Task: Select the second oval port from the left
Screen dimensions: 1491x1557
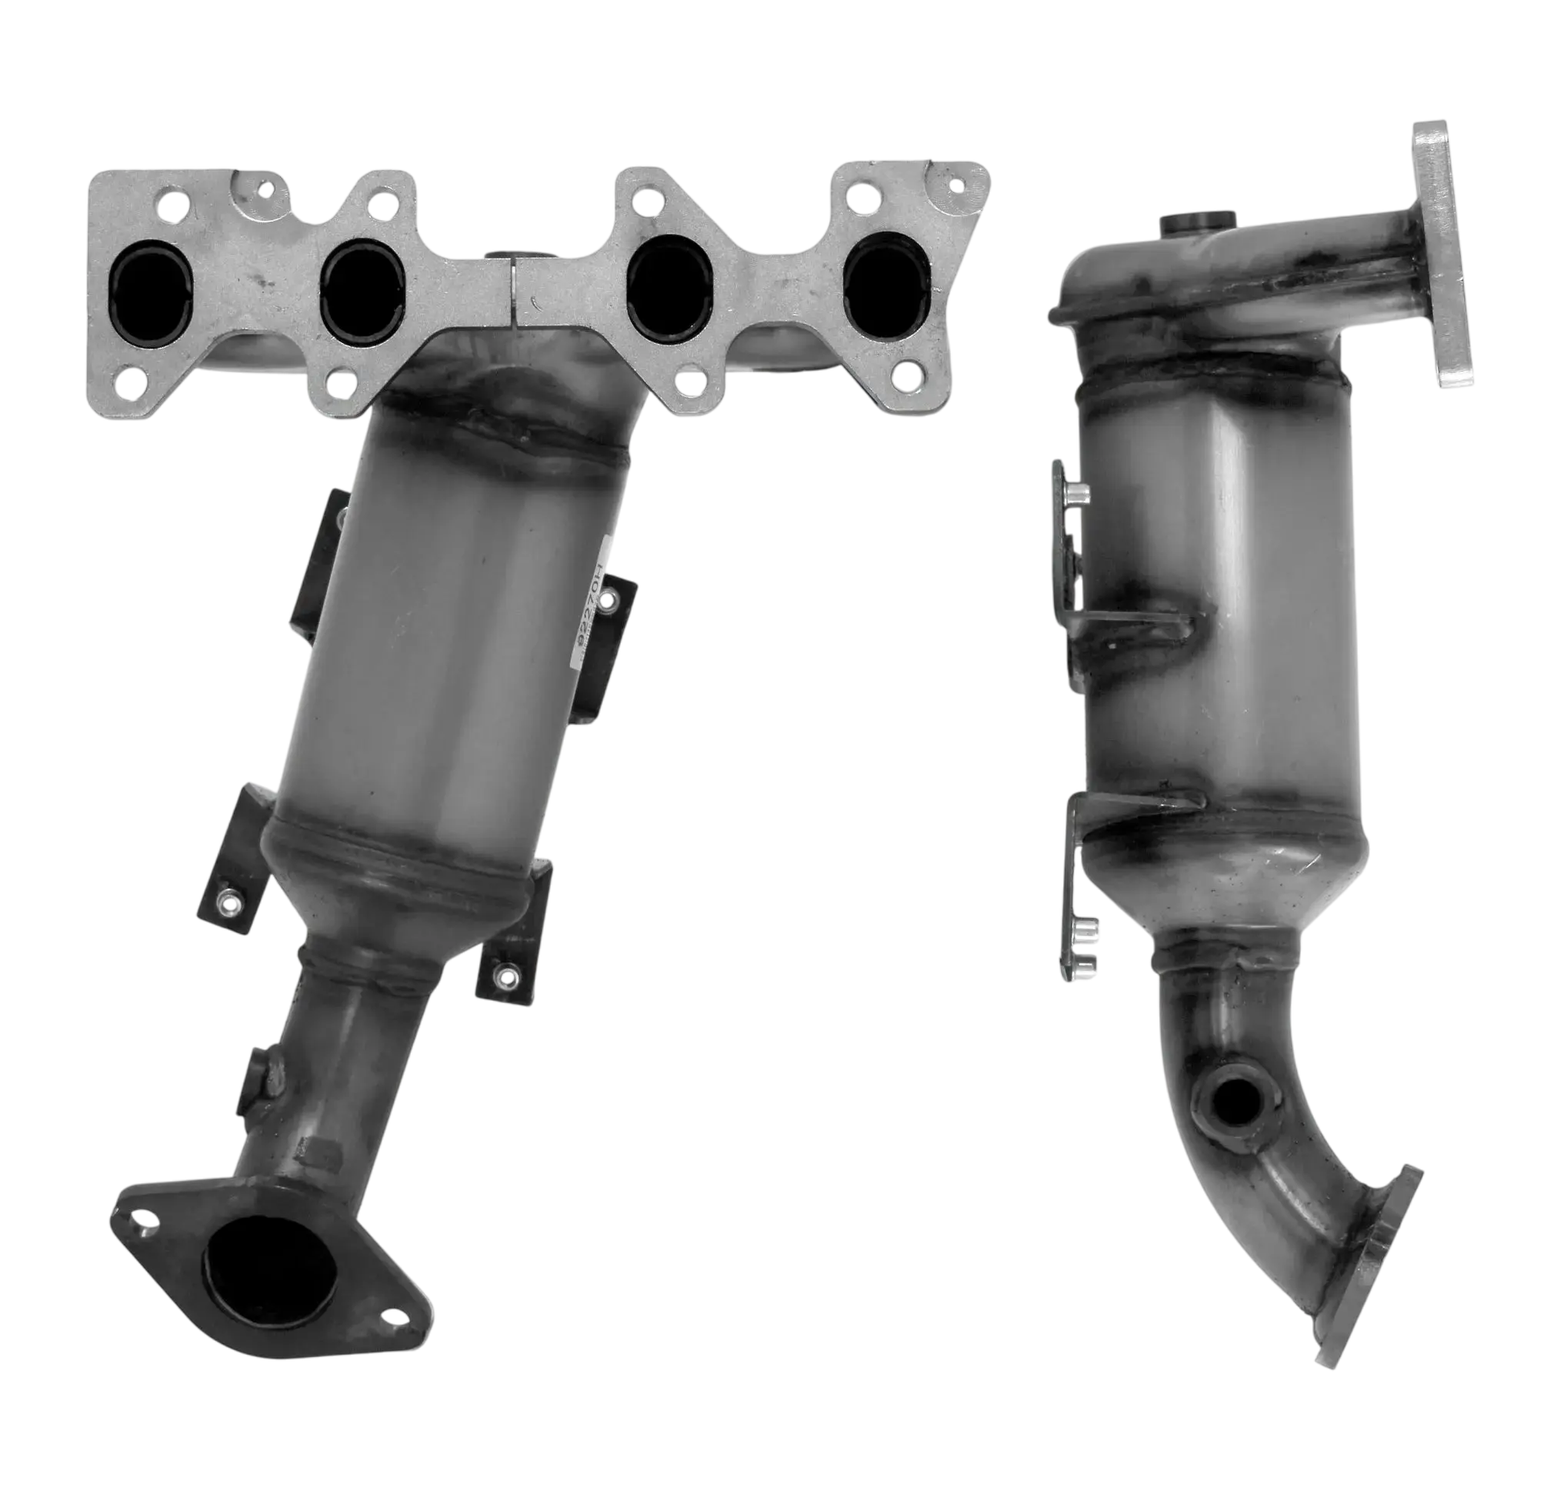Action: click(364, 278)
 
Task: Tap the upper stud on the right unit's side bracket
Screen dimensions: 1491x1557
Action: click(1076, 496)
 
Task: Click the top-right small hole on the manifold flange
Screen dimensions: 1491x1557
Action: click(959, 186)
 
